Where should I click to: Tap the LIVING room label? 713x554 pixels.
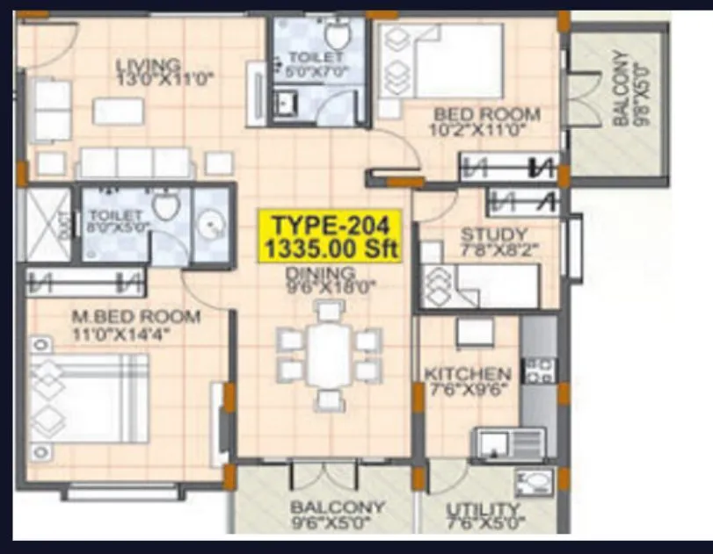click(154, 70)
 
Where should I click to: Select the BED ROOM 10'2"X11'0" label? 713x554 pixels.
click(486, 122)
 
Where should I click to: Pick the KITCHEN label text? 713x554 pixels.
click(467, 380)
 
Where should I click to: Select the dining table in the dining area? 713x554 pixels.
click(330, 355)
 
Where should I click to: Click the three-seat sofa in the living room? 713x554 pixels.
click(135, 162)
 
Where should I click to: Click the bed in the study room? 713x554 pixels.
click(479, 285)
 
